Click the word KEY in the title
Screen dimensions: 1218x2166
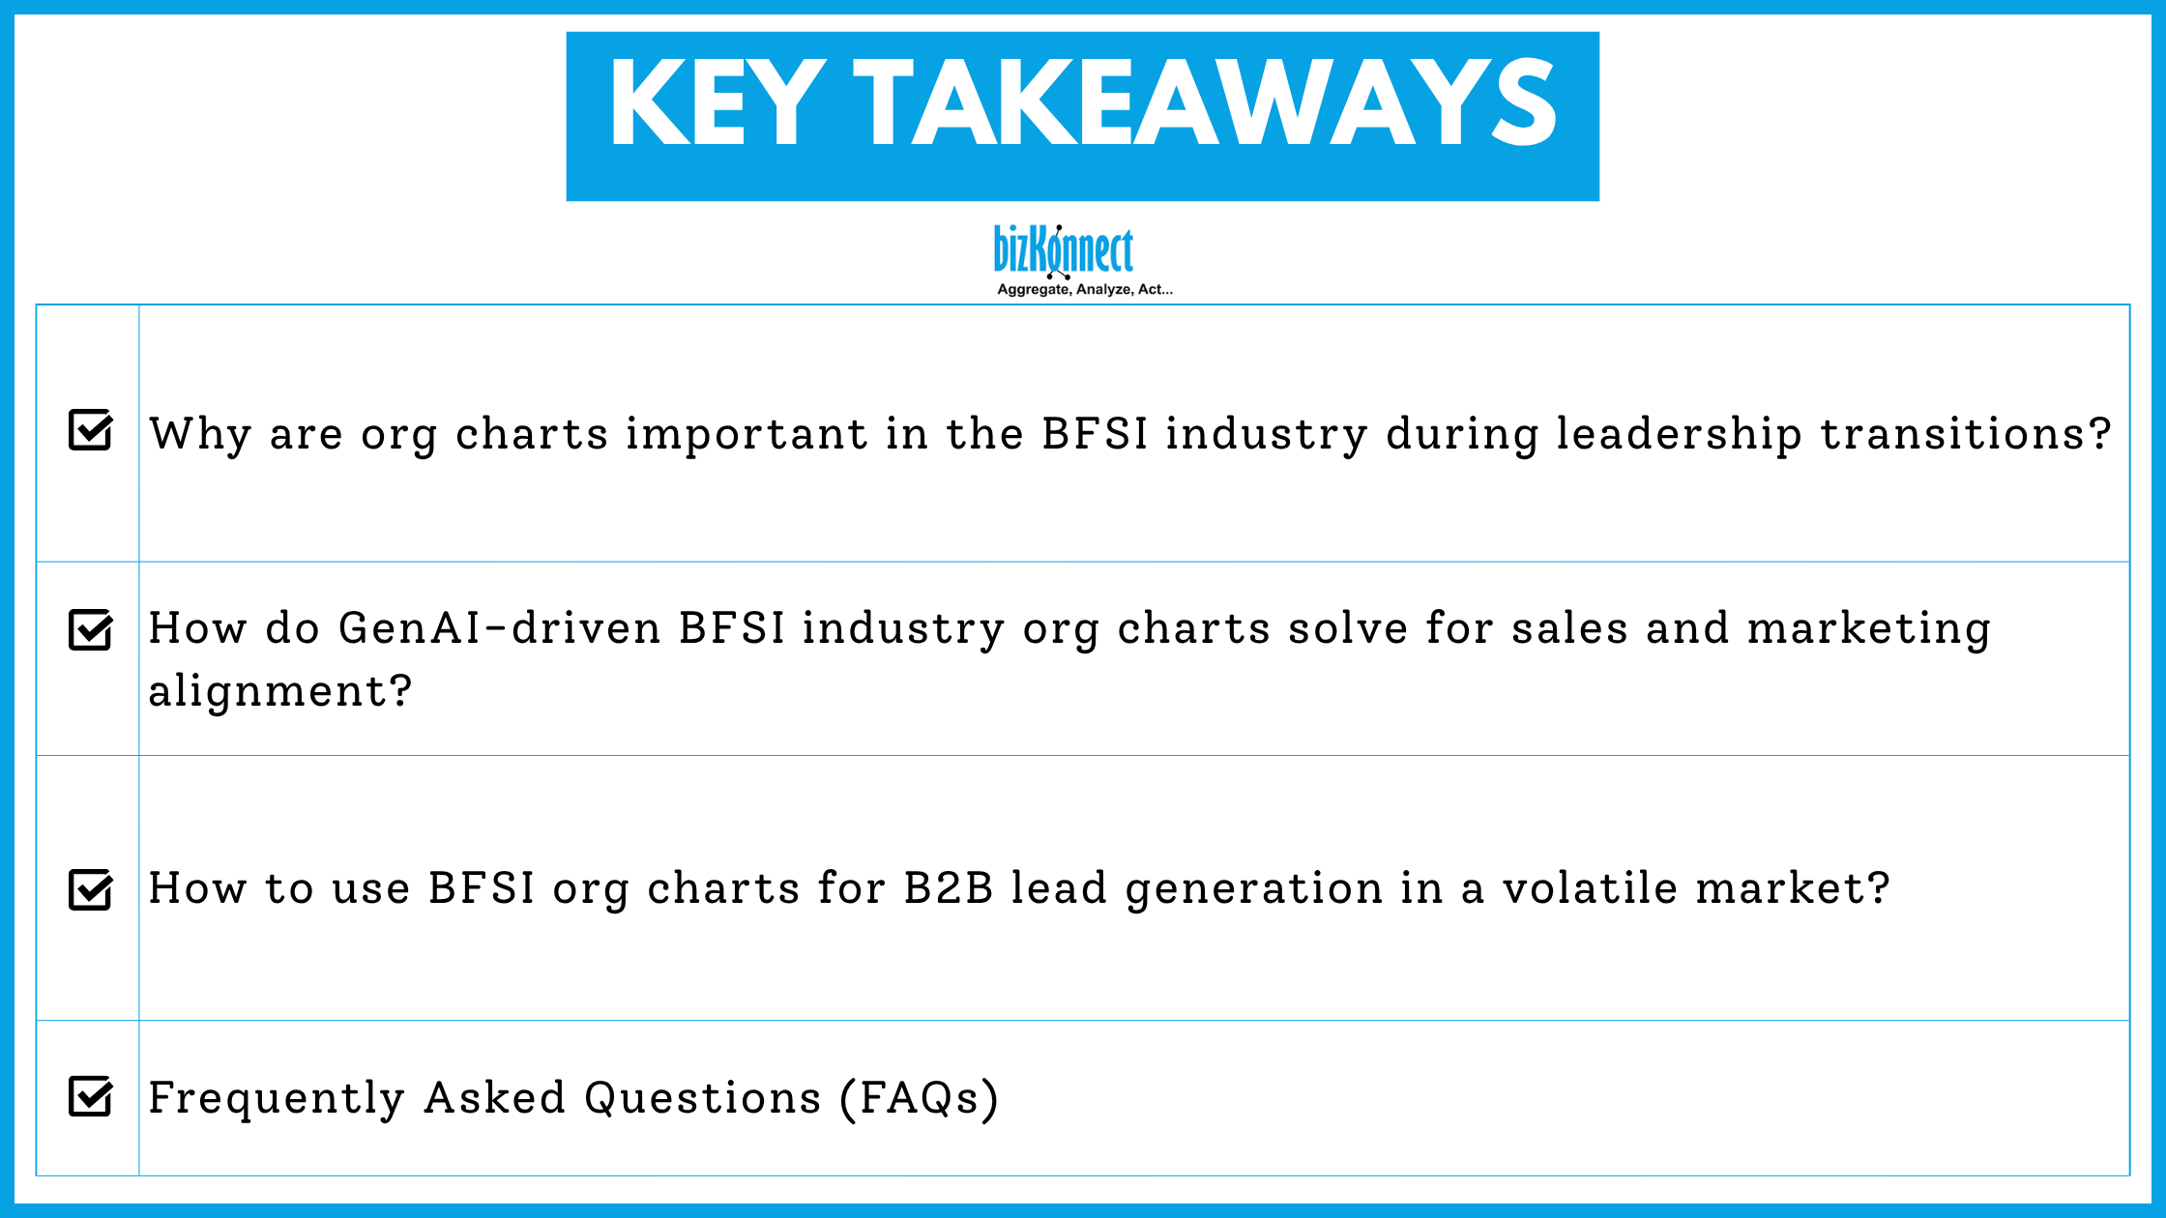(x=717, y=102)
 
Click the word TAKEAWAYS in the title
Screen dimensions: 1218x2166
(x=1205, y=102)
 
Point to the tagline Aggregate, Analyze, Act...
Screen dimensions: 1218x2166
(x=1084, y=289)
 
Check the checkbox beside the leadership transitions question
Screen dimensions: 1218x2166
(x=91, y=430)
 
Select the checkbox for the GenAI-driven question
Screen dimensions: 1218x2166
(x=91, y=630)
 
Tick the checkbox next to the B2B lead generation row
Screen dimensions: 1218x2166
(x=91, y=889)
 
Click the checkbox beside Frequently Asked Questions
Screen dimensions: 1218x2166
(x=91, y=1096)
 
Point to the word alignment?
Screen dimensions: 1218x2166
(x=280, y=691)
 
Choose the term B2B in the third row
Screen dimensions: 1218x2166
(x=948, y=888)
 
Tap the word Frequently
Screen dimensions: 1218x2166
(x=277, y=1098)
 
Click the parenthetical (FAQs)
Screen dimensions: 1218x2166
(x=919, y=1098)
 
